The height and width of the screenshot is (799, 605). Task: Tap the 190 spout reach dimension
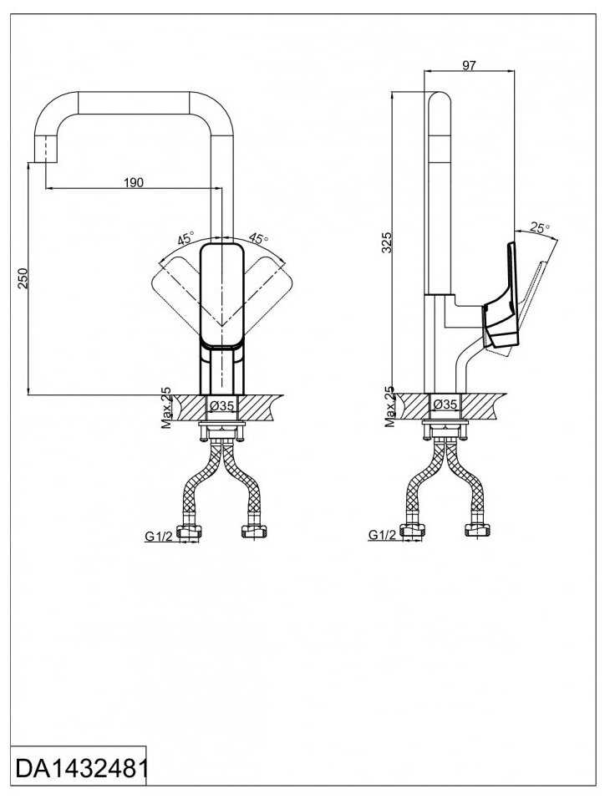pyautogui.click(x=133, y=182)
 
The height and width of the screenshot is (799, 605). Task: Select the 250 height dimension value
pyautogui.click(x=23, y=278)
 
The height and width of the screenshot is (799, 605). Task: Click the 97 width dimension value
pyautogui.click(x=469, y=65)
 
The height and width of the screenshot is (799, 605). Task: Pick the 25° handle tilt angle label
pyautogui.click(x=539, y=228)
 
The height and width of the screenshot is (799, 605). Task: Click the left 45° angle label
pyautogui.click(x=185, y=239)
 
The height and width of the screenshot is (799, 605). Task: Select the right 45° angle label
pyautogui.click(x=257, y=239)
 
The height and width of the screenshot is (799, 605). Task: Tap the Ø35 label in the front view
pyautogui.click(x=221, y=405)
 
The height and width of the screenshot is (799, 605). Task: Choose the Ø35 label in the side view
pyautogui.click(x=445, y=405)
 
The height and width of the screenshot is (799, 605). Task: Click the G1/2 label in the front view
pyautogui.click(x=159, y=537)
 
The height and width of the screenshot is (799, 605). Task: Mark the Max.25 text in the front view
pyautogui.click(x=166, y=407)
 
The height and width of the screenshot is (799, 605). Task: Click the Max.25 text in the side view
pyautogui.click(x=389, y=407)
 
